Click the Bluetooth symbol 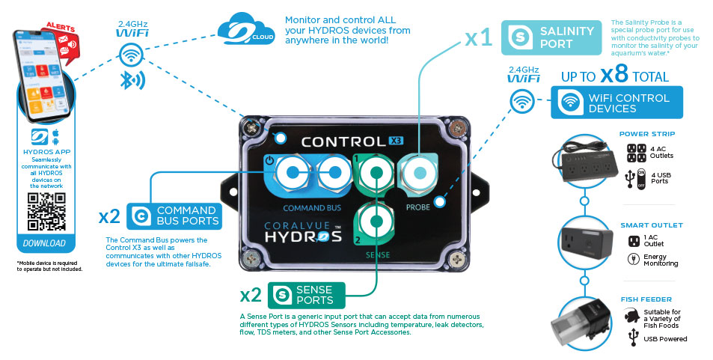click(x=132, y=81)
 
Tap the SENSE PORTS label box click(x=306, y=295)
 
